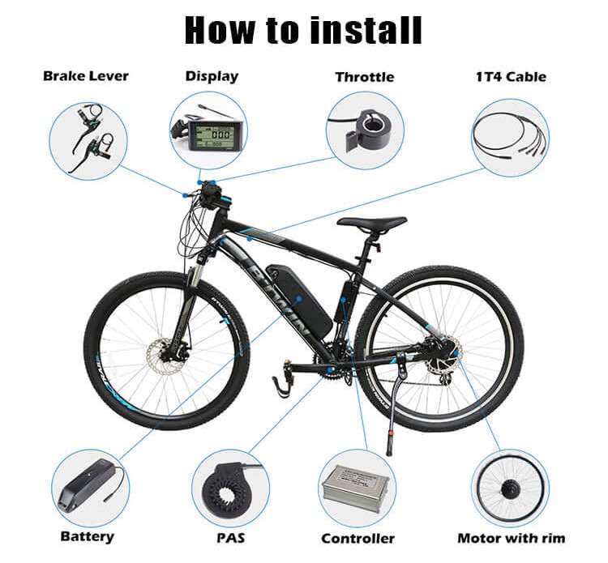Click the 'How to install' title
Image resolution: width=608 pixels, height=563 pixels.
(303, 30)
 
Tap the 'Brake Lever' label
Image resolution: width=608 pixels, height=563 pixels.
(86, 76)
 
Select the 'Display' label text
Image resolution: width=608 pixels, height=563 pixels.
(212, 76)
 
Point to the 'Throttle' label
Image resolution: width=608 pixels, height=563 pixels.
(365, 77)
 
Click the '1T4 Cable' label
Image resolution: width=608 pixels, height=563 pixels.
(511, 77)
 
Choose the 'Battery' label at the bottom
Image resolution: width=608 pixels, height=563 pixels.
(88, 536)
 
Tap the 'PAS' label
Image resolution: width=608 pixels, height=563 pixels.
(231, 538)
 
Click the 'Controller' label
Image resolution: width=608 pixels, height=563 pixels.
(358, 538)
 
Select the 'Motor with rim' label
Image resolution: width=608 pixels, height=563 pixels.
(512, 538)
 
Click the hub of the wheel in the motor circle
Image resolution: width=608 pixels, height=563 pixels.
(509, 489)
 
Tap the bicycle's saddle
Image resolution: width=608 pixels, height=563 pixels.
(371, 223)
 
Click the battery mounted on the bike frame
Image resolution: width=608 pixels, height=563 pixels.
(300, 300)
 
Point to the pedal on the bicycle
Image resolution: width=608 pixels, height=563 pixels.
(281, 384)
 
